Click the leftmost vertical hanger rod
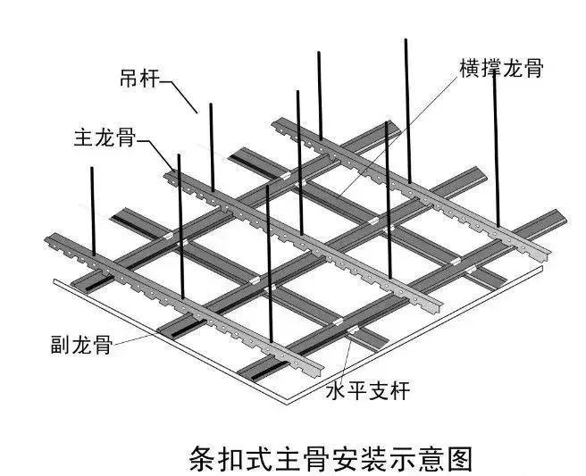click(x=93, y=213)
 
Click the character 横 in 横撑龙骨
click(x=469, y=69)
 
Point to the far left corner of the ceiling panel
click(x=53, y=280)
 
